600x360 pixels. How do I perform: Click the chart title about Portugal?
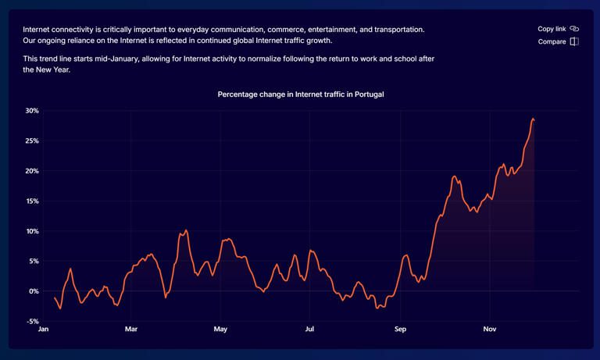[x=300, y=94]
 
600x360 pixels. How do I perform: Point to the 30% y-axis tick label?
[x=31, y=111]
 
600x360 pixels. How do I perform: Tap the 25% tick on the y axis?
[x=31, y=141]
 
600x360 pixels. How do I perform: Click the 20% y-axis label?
[x=31, y=171]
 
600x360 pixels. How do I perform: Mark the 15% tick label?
[x=31, y=201]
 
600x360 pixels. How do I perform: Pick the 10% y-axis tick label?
[x=31, y=231]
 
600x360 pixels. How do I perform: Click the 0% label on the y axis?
[x=34, y=291]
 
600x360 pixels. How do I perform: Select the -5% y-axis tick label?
[x=32, y=321]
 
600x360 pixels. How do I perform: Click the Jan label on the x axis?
[x=44, y=330]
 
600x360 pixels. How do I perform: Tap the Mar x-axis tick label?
[x=131, y=330]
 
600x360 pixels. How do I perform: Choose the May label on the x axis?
[x=220, y=330]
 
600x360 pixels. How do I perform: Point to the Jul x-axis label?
[x=309, y=330]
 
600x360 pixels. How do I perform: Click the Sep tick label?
[x=400, y=330]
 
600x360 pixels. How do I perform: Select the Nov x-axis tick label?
[x=490, y=330]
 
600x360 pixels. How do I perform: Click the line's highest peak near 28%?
[x=533, y=119]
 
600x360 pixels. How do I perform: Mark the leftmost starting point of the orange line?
[x=55, y=298]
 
